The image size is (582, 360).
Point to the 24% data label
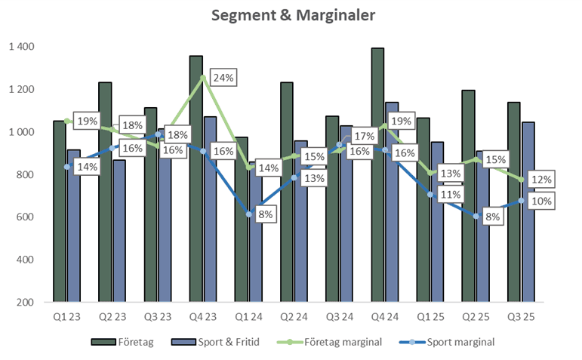[x=223, y=78]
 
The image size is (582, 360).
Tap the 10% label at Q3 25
[x=541, y=201]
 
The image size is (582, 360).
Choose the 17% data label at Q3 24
[x=365, y=137]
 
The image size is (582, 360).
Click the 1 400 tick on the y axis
[x=22, y=47]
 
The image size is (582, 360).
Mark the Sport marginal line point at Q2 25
[x=476, y=217]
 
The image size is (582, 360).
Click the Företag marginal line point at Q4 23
[x=202, y=78]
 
